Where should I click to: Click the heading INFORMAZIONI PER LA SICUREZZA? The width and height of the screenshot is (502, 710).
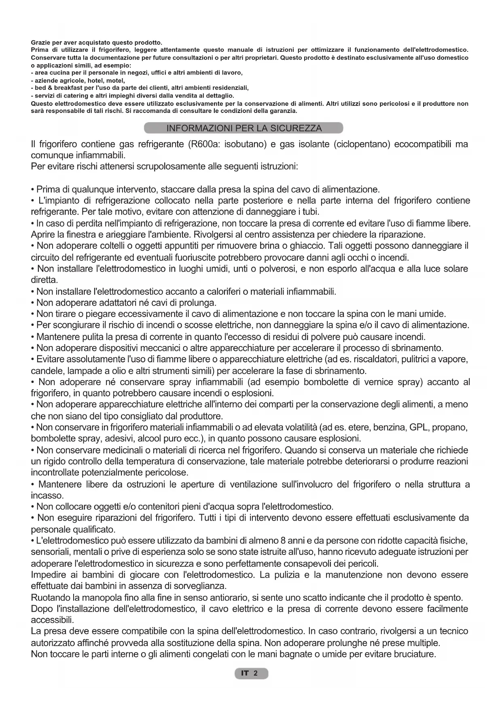tap(244, 128)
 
